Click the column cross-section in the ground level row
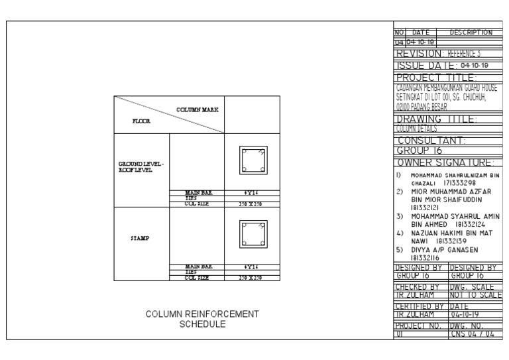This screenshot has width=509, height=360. click(x=253, y=159)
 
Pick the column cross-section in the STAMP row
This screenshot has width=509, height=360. click(x=253, y=233)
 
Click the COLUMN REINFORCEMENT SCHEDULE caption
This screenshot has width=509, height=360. click(x=203, y=319)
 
